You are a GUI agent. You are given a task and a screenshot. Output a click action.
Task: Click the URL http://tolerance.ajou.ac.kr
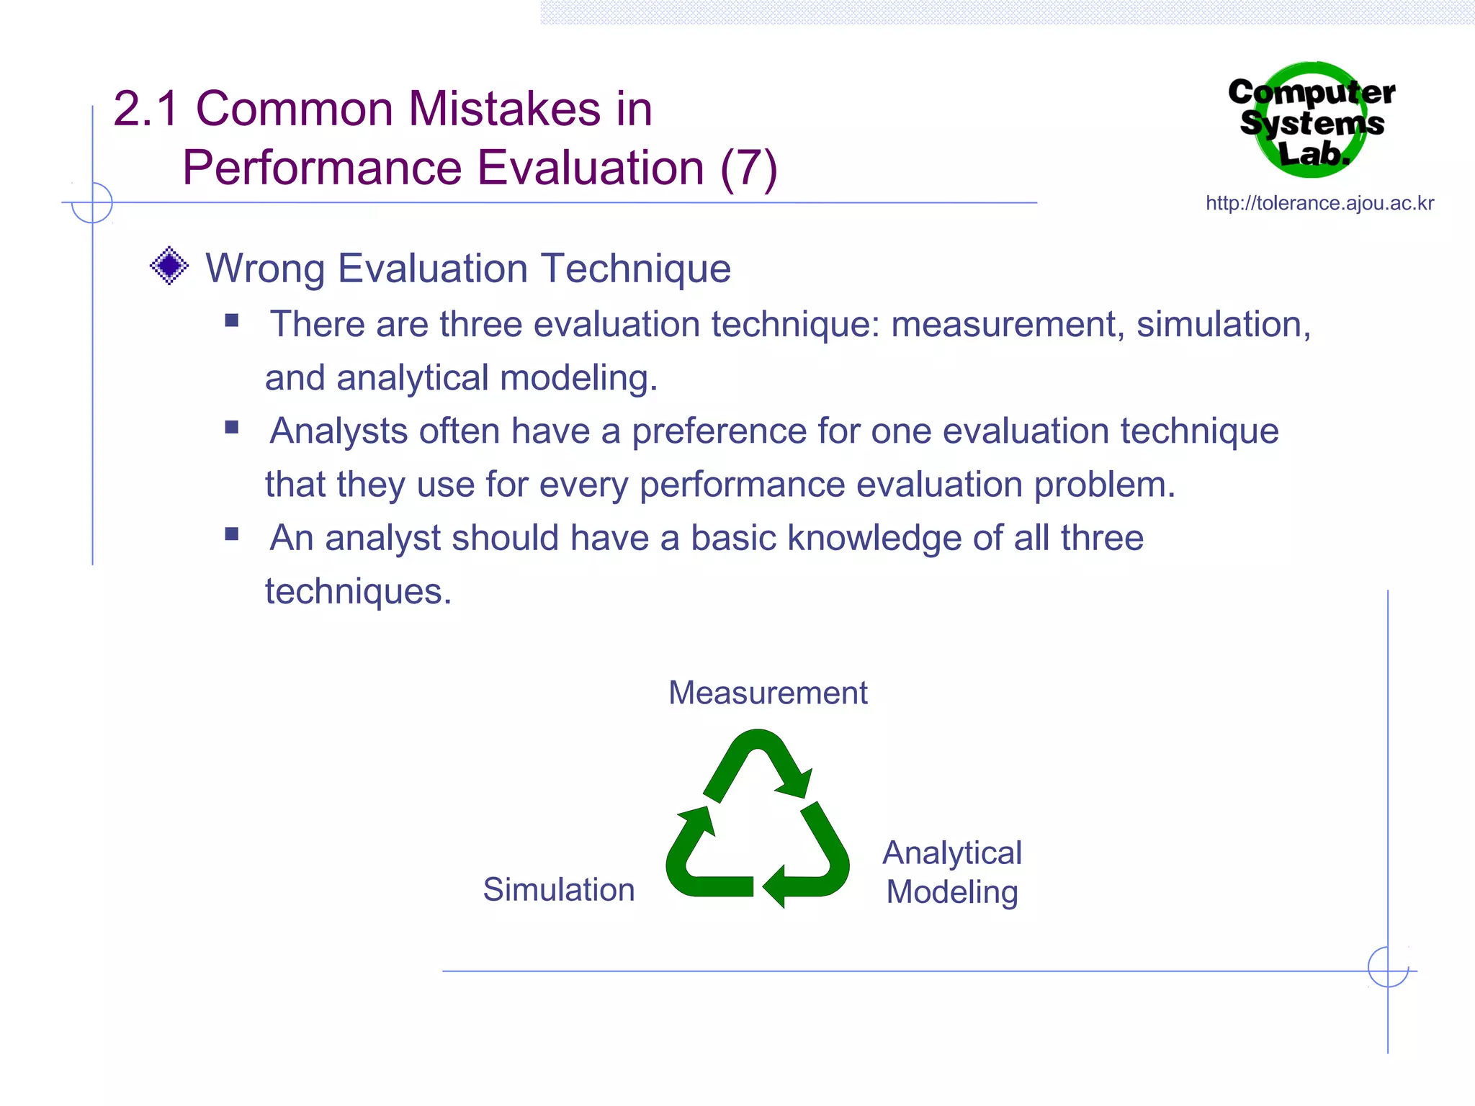click(x=1319, y=204)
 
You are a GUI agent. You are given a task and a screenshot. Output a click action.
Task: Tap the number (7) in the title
click(x=748, y=168)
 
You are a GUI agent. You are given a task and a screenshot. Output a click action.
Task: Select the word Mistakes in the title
click(x=504, y=109)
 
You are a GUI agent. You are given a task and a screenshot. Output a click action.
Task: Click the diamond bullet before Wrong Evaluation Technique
click(x=169, y=266)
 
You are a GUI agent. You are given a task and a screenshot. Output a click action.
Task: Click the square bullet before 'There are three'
click(x=231, y=320)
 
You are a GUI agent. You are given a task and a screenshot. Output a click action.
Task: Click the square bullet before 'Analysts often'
click(x=231, y=427)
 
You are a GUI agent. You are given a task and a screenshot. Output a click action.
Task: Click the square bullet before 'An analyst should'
click(x=231, y=534)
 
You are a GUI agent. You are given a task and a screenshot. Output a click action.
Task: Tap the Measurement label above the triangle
click(x=767, y=693)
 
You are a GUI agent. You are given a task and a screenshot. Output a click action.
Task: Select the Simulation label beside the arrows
click(x=558, y=889)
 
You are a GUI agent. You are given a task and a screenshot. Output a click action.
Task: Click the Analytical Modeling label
click(x=951, y=872)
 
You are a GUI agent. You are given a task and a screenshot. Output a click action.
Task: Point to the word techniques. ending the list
click(x=358, y=592)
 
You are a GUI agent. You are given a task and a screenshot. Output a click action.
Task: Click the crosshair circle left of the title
click(x=92, y=202)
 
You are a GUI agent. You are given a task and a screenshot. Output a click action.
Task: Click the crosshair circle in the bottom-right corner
click(x=1388, y=967)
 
